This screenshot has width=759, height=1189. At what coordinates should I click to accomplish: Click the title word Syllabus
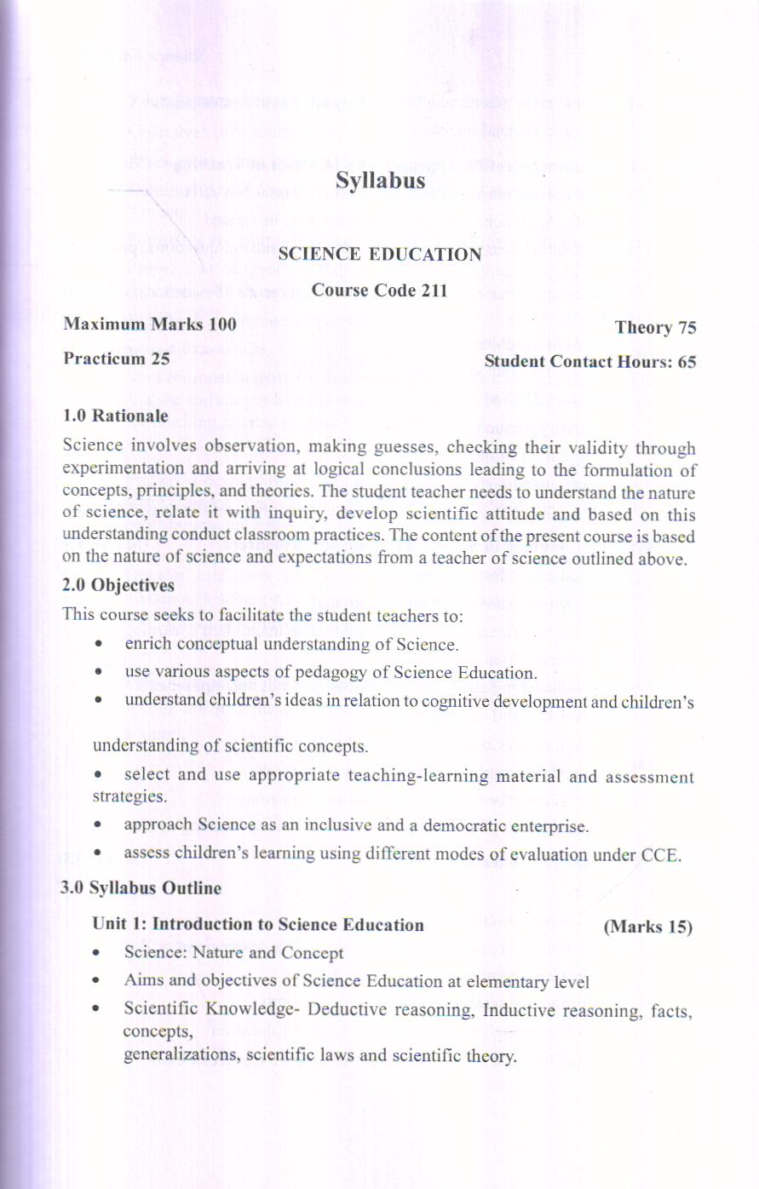(x=380, y=181)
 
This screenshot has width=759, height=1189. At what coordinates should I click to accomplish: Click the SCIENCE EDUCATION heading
(x=380, y=255)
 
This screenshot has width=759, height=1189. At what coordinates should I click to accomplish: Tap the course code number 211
(x=434, y=290)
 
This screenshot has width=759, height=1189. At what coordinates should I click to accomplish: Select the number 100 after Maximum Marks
(x=222, y=325)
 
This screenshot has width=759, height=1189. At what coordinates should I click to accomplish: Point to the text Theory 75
(x=655, y=328)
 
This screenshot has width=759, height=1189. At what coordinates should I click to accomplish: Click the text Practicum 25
(x=117, y=359)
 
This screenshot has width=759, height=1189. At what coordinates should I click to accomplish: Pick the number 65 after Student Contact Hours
(x=687, y=362)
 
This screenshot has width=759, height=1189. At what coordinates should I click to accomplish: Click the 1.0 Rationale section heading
(x=116, y=416)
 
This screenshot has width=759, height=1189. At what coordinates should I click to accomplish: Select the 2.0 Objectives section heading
(x=118, y=586)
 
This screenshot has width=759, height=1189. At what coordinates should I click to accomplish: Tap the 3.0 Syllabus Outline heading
(x=141, y=887)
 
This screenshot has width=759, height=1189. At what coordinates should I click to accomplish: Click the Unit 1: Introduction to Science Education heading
(x=258, y=925)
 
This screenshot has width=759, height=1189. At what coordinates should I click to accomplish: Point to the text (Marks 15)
(x=647, y=927)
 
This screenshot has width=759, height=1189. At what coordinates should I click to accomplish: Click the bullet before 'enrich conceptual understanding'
(x=101, y=644)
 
